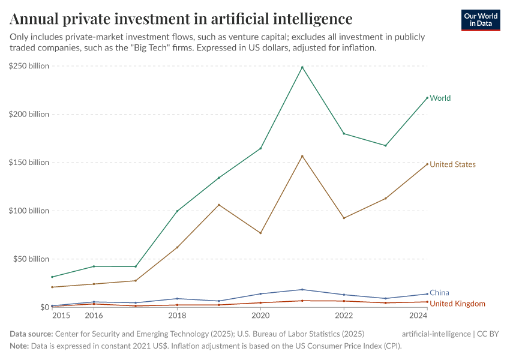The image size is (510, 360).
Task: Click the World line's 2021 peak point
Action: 302,67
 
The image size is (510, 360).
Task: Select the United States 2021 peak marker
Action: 302,156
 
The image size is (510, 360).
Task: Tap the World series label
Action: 440,98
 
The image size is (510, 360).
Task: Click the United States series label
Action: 452,164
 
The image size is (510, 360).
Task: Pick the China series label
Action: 439,293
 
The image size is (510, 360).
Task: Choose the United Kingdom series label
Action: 457,304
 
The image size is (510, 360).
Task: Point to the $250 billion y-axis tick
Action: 29,66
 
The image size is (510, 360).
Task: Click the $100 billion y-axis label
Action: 29,211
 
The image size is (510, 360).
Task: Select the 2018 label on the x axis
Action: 176,316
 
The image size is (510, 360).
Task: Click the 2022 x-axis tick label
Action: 344,316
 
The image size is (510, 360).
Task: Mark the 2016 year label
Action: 94,316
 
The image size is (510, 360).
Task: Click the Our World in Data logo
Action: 481,20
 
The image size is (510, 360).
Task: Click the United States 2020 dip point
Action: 260,233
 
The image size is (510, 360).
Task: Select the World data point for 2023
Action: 386,145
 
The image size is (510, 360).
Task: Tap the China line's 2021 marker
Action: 302,289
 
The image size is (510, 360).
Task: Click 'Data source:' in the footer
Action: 31,334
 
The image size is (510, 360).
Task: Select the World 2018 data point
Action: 177,211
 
